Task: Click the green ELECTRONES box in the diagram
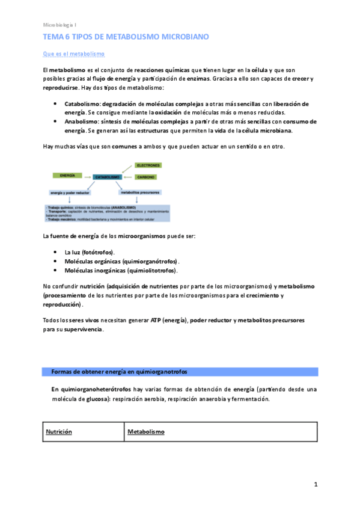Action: [147, 165]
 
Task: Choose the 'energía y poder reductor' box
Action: [68, 193]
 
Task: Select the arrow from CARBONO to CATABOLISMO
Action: [128, 177]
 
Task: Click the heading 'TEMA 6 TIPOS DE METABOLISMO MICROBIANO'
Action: [126, 37]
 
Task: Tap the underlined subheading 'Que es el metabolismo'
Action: [74, 55]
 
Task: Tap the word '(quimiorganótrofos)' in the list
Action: [150, 262]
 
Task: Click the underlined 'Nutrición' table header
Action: [59, 432]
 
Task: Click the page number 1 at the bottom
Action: [315, 484]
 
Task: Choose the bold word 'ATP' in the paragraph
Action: [156, 321]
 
